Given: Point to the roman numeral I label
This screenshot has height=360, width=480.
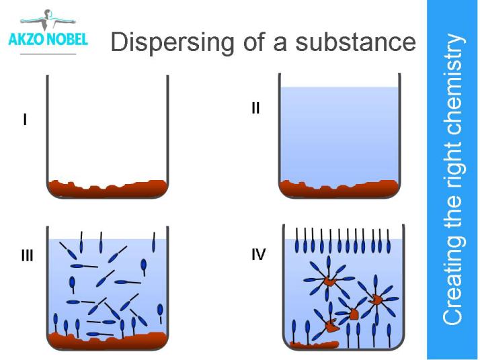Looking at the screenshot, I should [25, 121].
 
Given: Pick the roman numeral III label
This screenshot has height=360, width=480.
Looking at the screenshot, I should [27, 256].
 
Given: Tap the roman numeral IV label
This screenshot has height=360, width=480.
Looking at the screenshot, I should [258, 255].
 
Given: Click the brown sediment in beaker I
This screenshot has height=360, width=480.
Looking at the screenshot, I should [108, 189].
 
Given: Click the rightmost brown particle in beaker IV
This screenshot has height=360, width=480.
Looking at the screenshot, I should [376, 298].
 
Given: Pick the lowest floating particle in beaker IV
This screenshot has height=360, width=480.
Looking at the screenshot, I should [331, 326].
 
